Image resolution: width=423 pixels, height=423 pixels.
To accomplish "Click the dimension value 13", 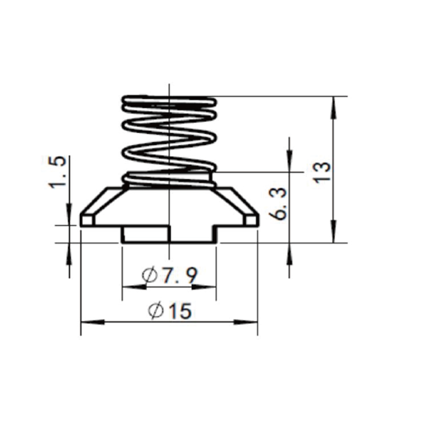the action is click(323, 173).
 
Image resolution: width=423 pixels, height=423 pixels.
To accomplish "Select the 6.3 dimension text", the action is click(278, 204).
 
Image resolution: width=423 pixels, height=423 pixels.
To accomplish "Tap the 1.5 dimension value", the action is click(57, 172).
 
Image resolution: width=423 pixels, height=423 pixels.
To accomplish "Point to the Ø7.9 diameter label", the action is click(170, 275).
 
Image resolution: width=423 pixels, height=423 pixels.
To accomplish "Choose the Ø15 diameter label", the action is click(170, 310).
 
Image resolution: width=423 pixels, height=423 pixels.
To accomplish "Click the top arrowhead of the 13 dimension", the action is click(334, 108).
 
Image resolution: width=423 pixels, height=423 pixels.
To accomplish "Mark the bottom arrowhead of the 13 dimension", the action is click(334, 231).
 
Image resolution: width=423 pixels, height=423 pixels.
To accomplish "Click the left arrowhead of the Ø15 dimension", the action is click(93, 322).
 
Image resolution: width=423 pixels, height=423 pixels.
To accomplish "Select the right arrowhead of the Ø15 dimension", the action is click(246, 322).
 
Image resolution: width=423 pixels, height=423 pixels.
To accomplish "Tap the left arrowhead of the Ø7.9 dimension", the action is click(134, 287).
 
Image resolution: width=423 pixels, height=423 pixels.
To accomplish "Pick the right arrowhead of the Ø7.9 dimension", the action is click(204, 287).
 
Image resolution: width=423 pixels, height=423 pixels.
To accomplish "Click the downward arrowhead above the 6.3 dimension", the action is click(289, 160).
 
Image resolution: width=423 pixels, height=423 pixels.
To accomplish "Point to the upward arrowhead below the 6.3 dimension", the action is click(289, 255).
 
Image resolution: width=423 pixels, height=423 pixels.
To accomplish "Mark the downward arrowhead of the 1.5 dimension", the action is click(69, 214).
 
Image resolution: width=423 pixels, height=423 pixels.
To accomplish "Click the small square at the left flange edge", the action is click(88, 220).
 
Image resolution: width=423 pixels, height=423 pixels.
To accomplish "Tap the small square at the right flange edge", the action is click(252, 220).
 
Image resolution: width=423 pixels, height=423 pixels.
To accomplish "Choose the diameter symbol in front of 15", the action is click(155, 311).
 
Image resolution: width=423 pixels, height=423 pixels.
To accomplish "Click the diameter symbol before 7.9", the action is click(150, 275).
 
